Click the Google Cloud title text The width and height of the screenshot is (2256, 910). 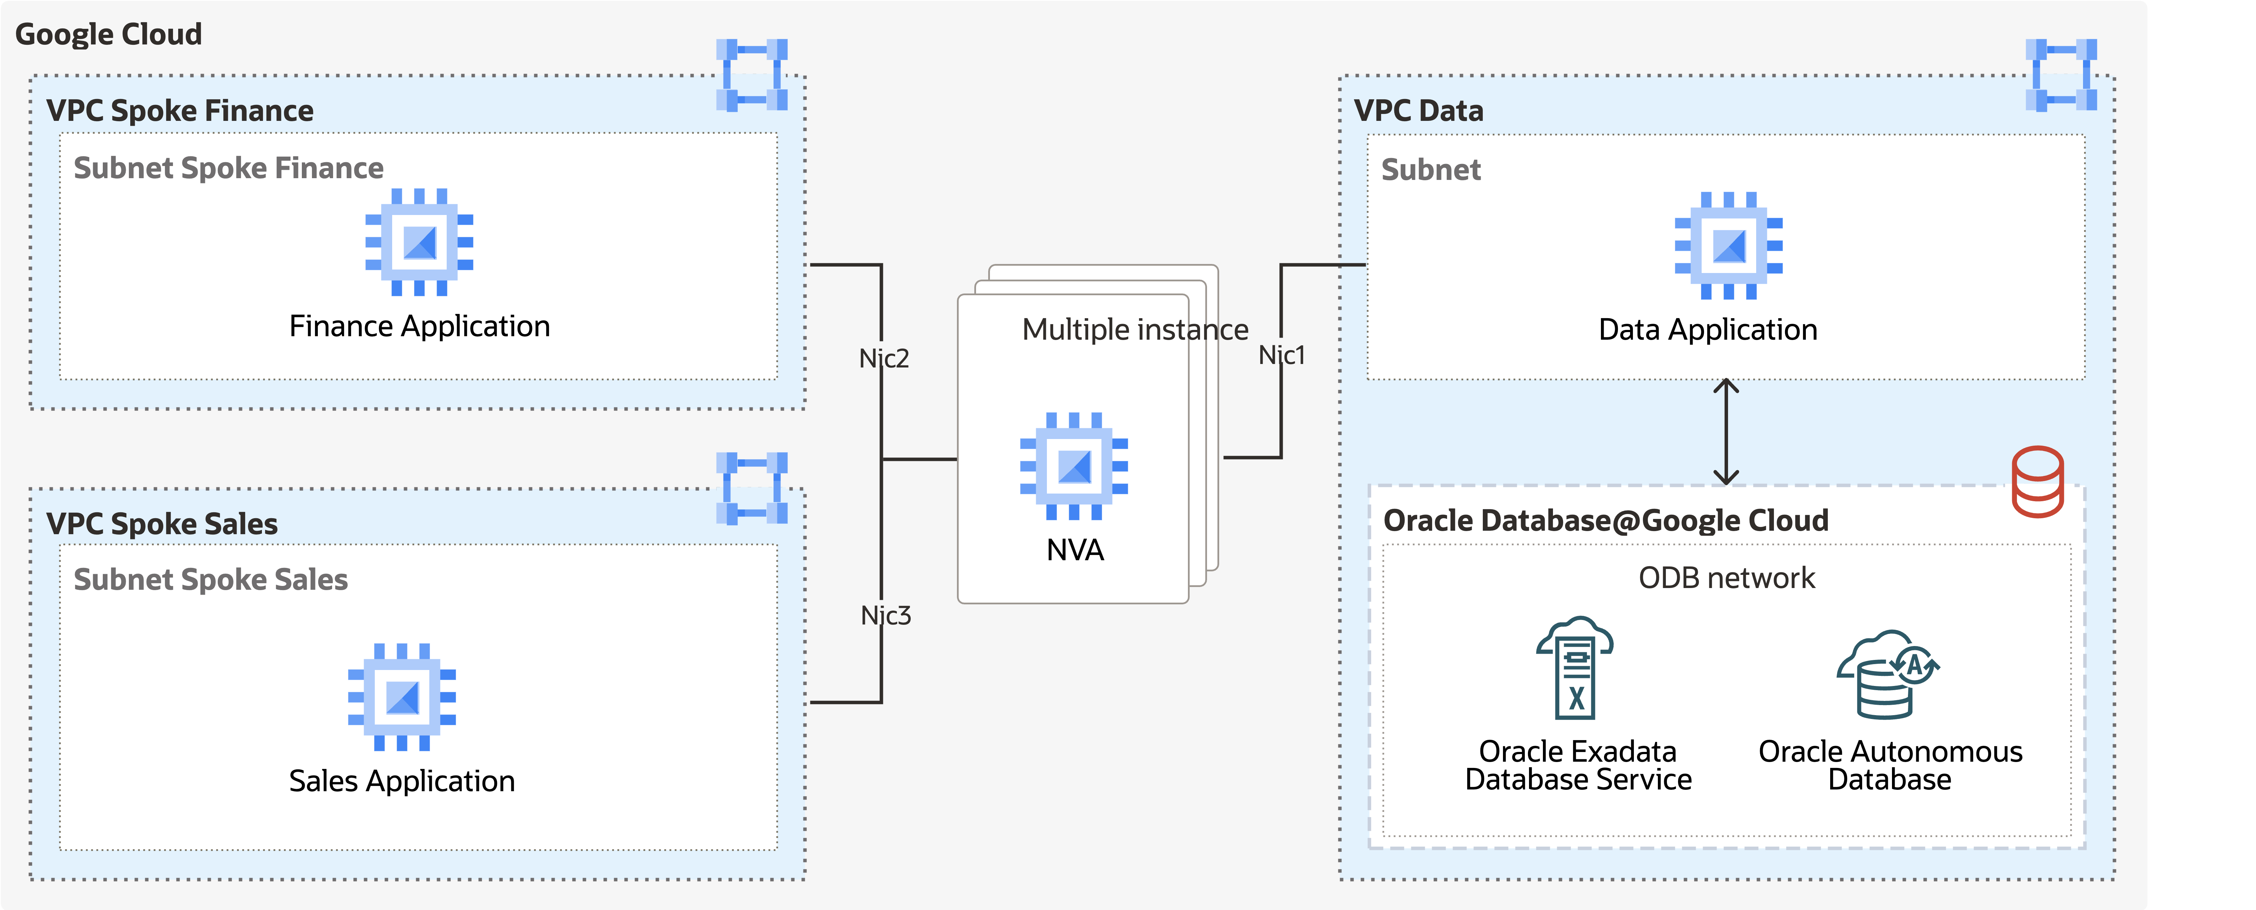tap(109, 34)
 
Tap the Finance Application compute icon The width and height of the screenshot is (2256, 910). tap(420, 242)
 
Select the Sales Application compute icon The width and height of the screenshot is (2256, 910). tap(402, 697)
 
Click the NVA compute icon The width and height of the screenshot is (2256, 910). tap(1074, 466)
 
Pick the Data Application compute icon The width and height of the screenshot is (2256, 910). tap(1728, 246)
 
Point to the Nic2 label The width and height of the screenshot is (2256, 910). tap(884, 358)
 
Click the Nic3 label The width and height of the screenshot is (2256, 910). tap(885, 616)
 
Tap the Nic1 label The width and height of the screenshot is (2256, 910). tap(1281, 355)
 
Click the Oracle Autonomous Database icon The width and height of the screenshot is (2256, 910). tap(1887, 675)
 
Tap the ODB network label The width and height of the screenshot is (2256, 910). tap(1726, 578)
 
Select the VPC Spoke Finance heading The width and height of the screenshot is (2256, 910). tap(180, 110)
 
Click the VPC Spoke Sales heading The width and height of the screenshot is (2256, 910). tap(162, 524)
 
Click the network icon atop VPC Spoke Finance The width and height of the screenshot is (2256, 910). tap(751, 74)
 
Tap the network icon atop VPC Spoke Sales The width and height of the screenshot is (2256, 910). tap(751, 488)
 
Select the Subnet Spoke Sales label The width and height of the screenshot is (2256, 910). tap(210, 580)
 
